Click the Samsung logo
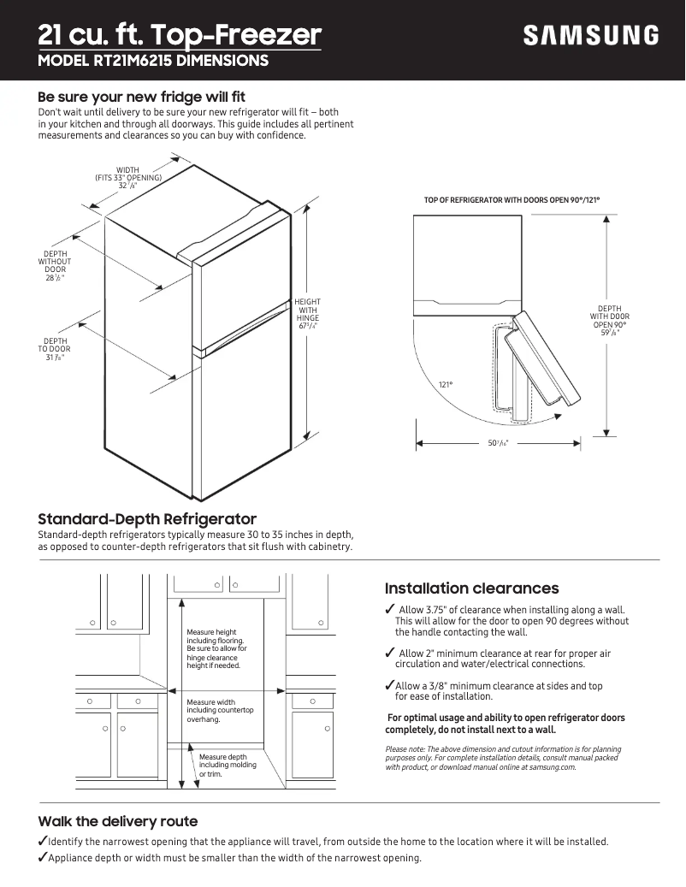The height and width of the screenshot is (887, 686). click(x=591, y=36)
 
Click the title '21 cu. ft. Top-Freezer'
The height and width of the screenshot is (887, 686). click(x=180, y=35)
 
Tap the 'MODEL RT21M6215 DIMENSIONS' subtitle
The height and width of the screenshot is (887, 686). click(x=153, y=61)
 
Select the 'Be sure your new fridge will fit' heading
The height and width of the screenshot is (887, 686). click(x=141, y=97)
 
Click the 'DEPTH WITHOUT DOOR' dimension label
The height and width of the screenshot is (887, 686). click(x=56, y=266)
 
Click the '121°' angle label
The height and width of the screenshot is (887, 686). click(x=446, y=385)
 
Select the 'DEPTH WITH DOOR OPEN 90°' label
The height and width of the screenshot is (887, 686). click(x=609, y=321)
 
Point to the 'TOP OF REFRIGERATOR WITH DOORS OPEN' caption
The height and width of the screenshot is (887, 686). click(x=512, y=200)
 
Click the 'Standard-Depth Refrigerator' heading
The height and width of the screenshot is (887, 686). click(x=147, y=519)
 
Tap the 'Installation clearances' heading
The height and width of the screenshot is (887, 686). click(x=471, y=588)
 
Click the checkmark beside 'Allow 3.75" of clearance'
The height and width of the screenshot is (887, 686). click(x=390, y=610)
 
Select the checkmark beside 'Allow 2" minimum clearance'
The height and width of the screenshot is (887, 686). click(x=390, y=653)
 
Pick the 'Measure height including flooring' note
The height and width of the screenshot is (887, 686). click(x=216, y=648)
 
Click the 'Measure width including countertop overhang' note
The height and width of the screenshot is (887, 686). click(x=220, y=711)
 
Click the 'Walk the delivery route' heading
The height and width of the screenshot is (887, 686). click(x=117, y=822)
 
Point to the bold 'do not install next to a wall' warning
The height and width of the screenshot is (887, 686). click(x=470, y=730)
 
